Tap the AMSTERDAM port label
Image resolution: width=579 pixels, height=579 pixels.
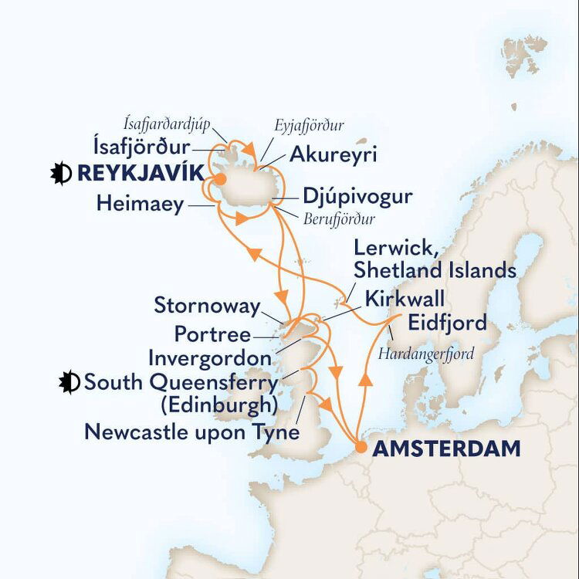[x=435, y=449]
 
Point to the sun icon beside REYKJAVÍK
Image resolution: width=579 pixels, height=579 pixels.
[x=60, y=174]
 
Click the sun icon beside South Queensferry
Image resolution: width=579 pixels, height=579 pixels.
[x=70, y=382]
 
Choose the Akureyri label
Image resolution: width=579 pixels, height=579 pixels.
[x=333, y=155]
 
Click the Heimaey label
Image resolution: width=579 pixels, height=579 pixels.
[x=141, y=204]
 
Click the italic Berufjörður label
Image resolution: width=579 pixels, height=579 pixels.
[x=339, y=219]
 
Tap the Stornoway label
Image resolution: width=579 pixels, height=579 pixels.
[x=207, y=306]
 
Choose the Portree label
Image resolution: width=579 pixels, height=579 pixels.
[x=212, y=335]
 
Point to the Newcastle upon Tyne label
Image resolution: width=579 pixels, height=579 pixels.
[x=191, y=432]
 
